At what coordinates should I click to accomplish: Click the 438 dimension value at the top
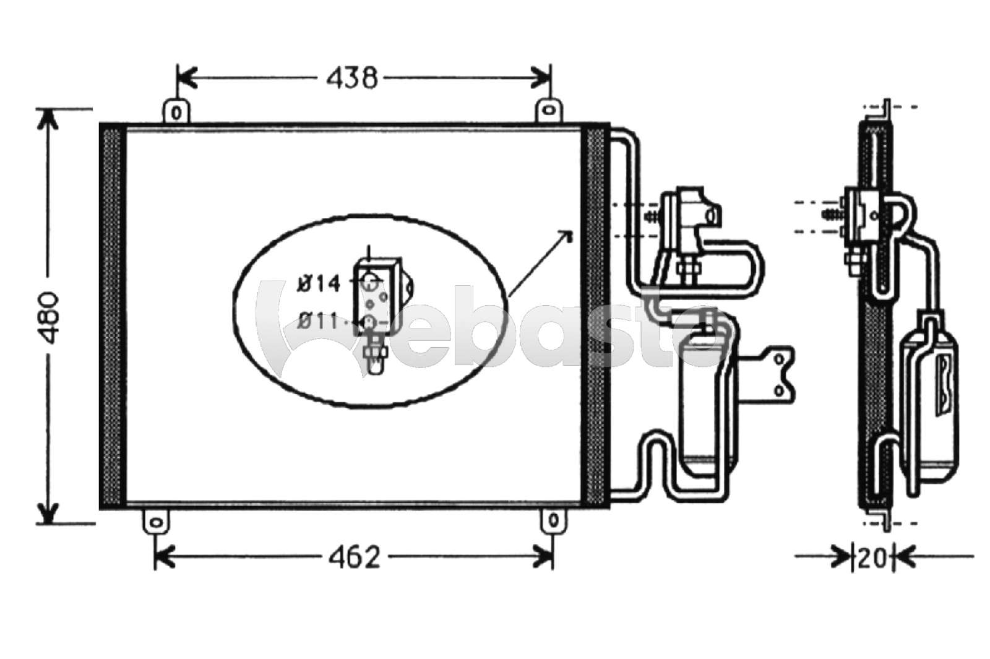coord(352,79)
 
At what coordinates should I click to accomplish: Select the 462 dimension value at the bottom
coord(355,558)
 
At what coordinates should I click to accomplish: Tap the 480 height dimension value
coord(48,317)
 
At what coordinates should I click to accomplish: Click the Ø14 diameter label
coord(319,283)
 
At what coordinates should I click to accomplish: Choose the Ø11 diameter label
coord(318,321)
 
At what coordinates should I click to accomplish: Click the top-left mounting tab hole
coord(176,113)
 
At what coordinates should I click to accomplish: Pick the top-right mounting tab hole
coord(548,110)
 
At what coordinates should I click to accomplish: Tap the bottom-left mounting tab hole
coord(155,523)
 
